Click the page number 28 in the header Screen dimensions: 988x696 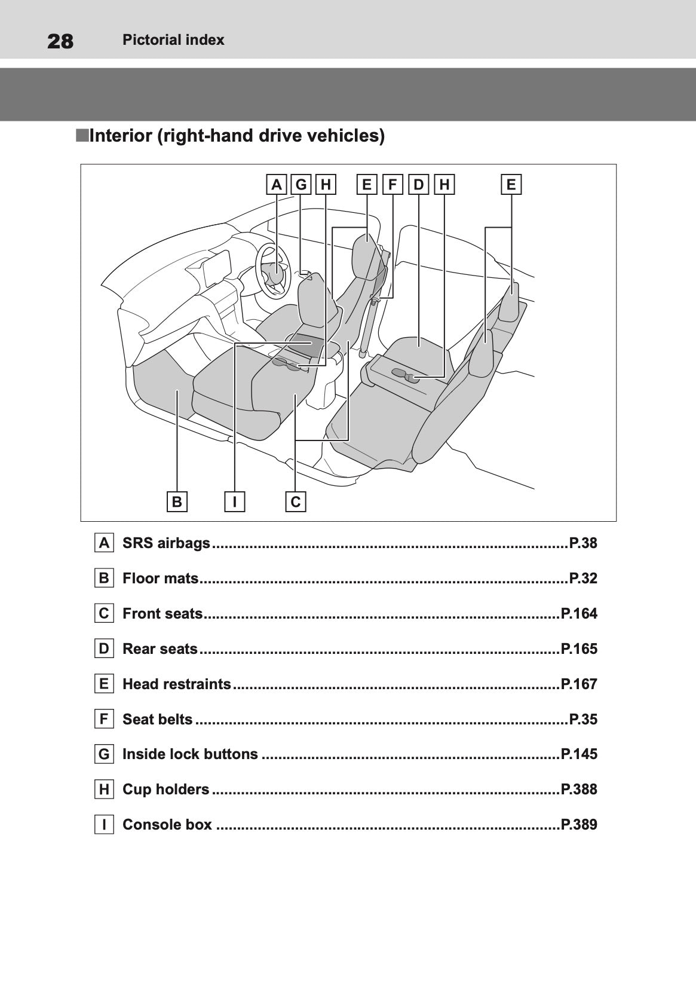tap(60, 41)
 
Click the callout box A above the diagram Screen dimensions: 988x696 tap(276, 185)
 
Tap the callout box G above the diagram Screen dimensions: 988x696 tap(301, 185)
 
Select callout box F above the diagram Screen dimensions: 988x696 tap(393, 185)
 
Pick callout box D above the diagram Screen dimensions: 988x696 tap(418, 185)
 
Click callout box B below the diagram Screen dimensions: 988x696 tap(177, 501)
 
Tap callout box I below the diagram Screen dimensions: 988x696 tap(235, 501)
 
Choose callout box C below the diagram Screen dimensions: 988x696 tap(296, 501)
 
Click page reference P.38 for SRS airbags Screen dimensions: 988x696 tap(582, 543)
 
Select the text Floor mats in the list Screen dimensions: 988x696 tap(160, 579)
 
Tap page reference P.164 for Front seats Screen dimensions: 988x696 tap(579, 614)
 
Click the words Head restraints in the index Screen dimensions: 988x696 tap(176, 684)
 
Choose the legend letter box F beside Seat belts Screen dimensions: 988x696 tap(104, 719)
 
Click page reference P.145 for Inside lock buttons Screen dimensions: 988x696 tap(579, 754)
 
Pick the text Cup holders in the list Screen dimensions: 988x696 tap(165, 790)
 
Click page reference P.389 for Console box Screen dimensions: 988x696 tap(579, 825)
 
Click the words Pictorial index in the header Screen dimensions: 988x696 tap(173, 40)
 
